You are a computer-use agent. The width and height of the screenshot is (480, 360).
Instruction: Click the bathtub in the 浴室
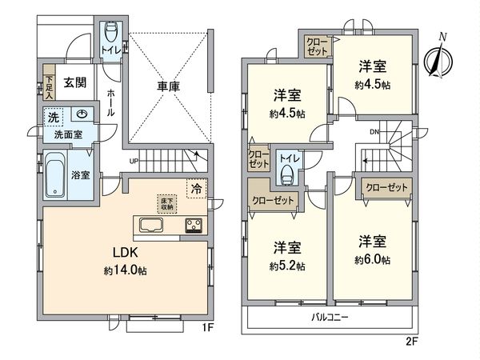pos(55,178)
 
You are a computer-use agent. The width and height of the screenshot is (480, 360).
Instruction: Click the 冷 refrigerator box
pos(196,190)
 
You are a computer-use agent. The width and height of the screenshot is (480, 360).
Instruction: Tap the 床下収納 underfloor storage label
pos(166,202)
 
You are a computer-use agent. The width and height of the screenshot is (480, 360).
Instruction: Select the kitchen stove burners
pos(194,224)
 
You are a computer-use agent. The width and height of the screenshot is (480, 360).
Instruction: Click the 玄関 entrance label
pos(75,82)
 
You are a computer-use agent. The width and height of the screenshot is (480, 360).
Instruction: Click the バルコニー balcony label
pos(331,318)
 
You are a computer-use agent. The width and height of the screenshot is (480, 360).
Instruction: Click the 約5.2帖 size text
pos(287,266)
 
